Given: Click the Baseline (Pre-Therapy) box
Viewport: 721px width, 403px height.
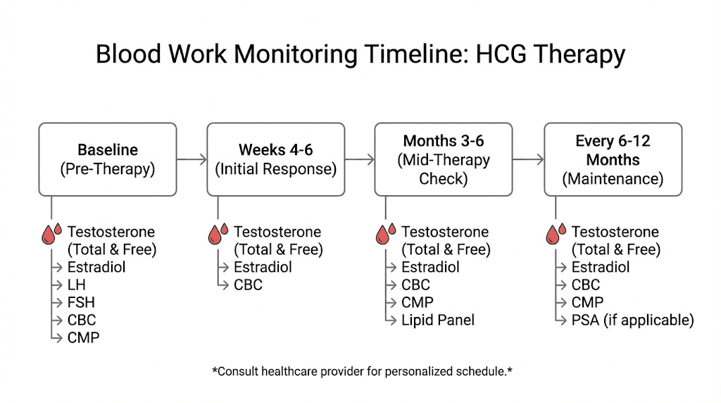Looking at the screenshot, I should [x=108, y=159].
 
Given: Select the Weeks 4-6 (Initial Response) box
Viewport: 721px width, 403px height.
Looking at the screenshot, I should [x=275, y=159].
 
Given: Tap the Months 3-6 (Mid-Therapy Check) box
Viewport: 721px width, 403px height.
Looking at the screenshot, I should [x=443, y=159].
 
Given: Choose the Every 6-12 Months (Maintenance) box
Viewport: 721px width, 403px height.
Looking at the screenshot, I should [x=613, y=159].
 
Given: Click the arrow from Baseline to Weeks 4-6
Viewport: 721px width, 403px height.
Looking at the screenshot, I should [x=191, y=159].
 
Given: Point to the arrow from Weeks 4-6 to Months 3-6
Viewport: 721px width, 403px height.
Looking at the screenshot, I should [x=359, y=159].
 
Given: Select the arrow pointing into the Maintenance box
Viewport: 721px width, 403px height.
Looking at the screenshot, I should [x=528, y=159].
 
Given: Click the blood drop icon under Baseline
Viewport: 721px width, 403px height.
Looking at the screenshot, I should [x=51, y=234].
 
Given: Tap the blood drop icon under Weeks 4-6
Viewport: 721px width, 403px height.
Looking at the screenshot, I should [x=218, y=234].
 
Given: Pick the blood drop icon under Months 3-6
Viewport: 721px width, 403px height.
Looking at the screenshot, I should [x=386, y=234].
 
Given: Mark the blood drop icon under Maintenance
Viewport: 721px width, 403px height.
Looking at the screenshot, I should [x=556, y=234].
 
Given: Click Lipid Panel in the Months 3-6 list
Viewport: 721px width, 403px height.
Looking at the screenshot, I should [x=437, y=320].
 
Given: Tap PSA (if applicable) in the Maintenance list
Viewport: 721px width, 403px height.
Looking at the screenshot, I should [x=632, y=320].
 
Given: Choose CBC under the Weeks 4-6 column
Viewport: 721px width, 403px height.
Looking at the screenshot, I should [x=248, y=285].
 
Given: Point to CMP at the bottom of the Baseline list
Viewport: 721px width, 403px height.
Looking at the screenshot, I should [x=83, y=337].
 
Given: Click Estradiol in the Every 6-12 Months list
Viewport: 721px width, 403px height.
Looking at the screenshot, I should [x=600, y=267].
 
